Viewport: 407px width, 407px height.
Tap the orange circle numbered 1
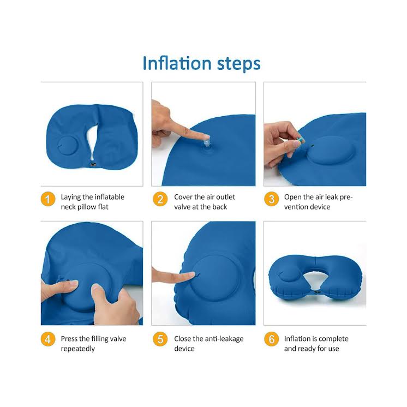point(48,199)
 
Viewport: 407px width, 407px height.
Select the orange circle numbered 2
point(160,199)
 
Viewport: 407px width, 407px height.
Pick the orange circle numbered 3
point(271,199)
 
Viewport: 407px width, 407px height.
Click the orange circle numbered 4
point(48,339)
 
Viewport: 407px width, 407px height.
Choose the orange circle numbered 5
point(160,339)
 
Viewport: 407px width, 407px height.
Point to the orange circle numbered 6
point(271,339)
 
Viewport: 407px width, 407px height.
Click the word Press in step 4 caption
point(70,339)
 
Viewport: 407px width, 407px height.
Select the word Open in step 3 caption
point(294,197)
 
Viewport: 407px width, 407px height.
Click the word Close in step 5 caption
point(184,339)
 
